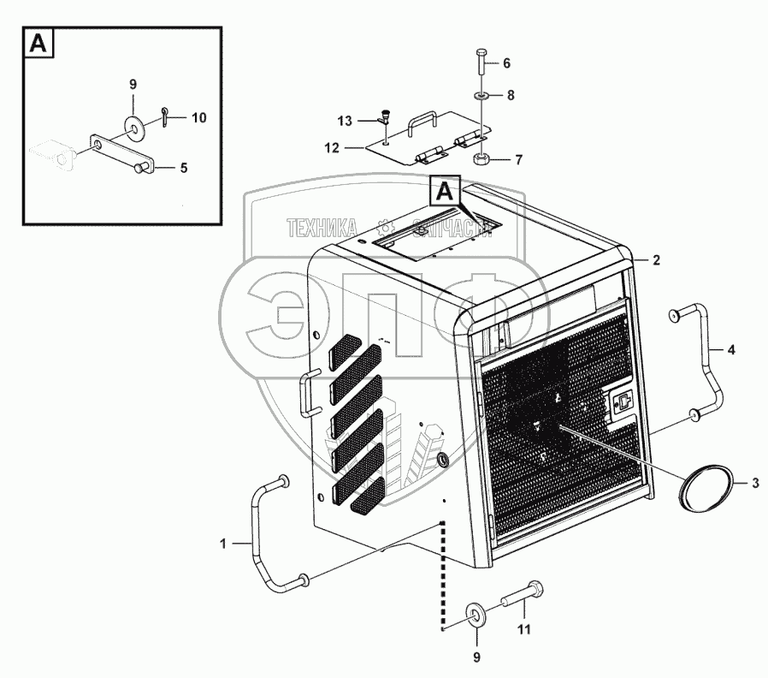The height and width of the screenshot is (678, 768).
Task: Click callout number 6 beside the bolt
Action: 506,63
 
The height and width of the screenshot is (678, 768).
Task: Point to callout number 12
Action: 331,147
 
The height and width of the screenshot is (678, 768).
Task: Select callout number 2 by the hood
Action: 657,260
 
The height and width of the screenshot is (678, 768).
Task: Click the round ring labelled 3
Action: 706,485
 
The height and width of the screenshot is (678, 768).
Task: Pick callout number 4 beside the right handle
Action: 730,349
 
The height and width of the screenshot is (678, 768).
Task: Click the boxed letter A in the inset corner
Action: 38,44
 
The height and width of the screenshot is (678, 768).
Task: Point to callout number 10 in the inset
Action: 198,117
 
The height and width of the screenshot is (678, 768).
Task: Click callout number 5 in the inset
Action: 183,168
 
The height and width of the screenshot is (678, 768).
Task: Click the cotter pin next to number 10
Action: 162,120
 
